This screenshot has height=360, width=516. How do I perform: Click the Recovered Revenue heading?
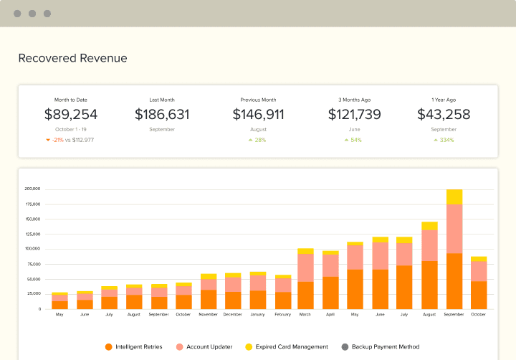pos(72,58)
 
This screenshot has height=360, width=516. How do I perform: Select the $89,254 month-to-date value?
pos(71,114)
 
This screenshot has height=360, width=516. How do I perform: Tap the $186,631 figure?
pos(162,114)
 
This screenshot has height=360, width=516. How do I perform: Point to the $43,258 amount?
pos(444,114)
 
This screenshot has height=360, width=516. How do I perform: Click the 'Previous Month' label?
pos(258,100)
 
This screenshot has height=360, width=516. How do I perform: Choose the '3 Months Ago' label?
pos(354,100)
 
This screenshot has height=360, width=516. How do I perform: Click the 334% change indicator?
pos(446,140)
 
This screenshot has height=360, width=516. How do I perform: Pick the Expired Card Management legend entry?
pos(287,346)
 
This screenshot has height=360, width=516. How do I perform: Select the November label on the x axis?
pos(209,315)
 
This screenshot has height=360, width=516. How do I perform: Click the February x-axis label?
pos(283,315)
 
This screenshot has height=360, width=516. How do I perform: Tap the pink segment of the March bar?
pos(305,267)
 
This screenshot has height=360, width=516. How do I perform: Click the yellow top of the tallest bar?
pos(454,196)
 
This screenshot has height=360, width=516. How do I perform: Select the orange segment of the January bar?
pos(258,299)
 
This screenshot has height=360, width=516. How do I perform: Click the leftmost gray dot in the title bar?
pos(17,14)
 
